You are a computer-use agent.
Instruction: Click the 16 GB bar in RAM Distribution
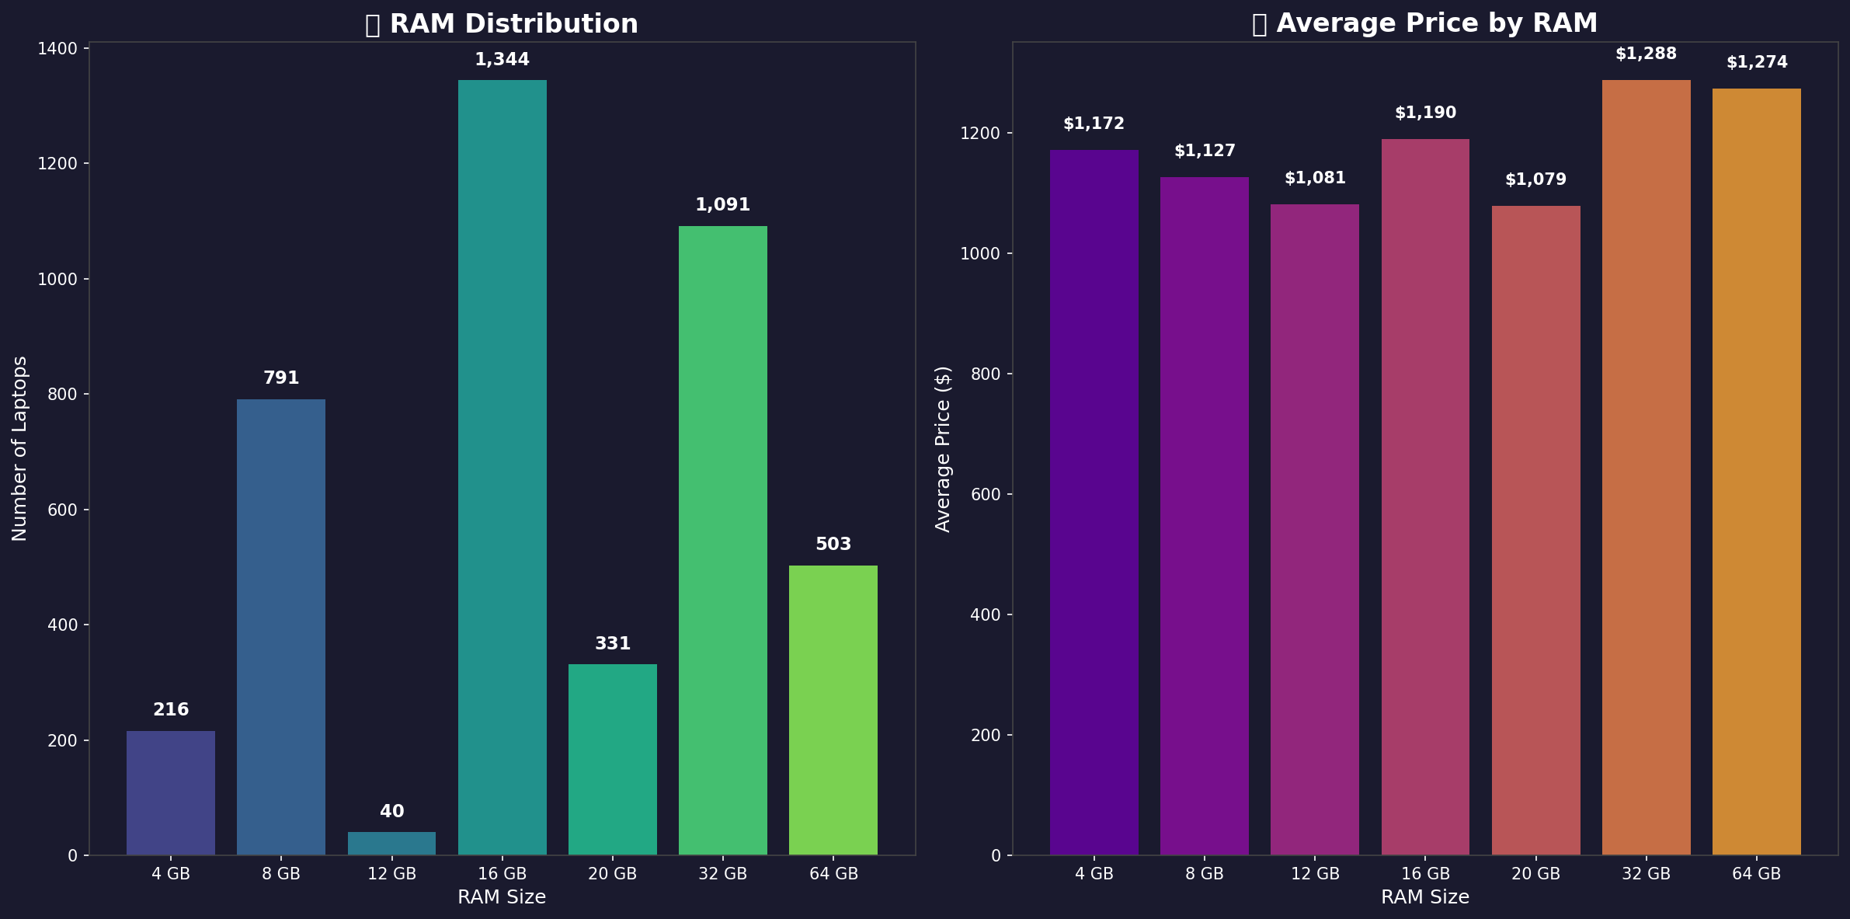(x=502, y=466)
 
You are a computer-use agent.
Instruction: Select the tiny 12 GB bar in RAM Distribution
(x=391, y=844)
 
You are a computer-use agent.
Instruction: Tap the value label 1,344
(x=502, y=60)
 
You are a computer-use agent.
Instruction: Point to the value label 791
(x=281, y=378)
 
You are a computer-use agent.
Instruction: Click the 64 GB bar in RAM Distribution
(x=833, y=710)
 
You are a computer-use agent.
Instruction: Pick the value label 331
(x=612, y=644)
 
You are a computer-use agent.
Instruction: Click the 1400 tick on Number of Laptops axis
(x=57, y=49)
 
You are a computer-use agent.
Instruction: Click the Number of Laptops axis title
(x=20, y=448)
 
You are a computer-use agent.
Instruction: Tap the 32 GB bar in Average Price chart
(x=1646, y=466)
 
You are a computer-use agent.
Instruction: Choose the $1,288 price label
(x=1646, y=54)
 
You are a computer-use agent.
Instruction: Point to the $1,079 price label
(x=1535, y=180)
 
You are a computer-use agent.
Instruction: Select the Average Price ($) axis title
(x=943, y=448)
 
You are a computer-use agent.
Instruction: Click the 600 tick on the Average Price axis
(x=986, y=495)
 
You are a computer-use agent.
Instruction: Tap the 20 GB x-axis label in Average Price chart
(x=1535, y=874)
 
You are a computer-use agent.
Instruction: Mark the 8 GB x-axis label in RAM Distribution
(x=281, y=874)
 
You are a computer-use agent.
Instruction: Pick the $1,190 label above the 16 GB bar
(x=1425, y=113)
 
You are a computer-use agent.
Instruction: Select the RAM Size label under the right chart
(x=1425, y=898)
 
